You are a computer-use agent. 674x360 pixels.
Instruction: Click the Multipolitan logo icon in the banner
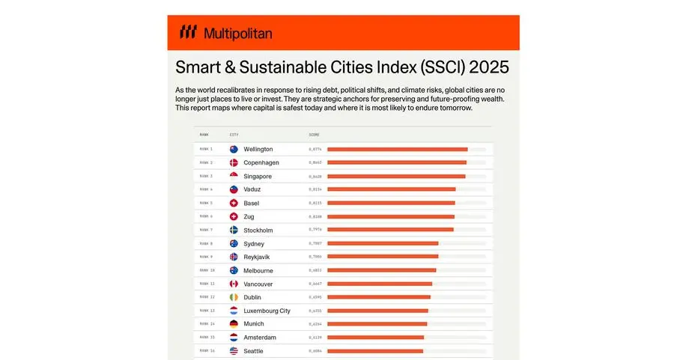[188, 32]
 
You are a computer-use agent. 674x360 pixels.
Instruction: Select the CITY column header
[234, 135]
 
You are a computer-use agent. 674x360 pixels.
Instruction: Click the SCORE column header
[314, 135]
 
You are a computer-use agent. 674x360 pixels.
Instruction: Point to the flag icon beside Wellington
[234, 149]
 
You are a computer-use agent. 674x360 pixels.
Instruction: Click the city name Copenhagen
[262, 162]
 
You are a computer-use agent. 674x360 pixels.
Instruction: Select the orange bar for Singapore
[396, 176]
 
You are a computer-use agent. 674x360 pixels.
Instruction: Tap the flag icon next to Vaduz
[234, 189]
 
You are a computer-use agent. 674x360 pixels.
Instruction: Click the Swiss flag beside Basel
[234, 203]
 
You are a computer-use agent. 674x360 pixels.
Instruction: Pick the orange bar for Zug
[391, 216]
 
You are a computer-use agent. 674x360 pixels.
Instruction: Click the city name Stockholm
[258, 230]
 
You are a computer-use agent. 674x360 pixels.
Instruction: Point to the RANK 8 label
[206, 243]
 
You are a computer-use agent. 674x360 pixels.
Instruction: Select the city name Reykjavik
[257, 257]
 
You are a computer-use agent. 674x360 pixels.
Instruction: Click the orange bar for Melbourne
[381, 270]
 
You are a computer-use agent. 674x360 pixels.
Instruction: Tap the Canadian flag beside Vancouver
[234, 284]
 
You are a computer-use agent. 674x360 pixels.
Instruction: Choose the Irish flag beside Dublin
[234, 297]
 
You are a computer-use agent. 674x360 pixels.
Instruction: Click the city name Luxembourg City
[267, 311]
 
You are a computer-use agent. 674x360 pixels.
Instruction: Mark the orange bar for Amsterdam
[375, 338]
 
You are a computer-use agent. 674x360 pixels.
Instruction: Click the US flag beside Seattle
[234, 351]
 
